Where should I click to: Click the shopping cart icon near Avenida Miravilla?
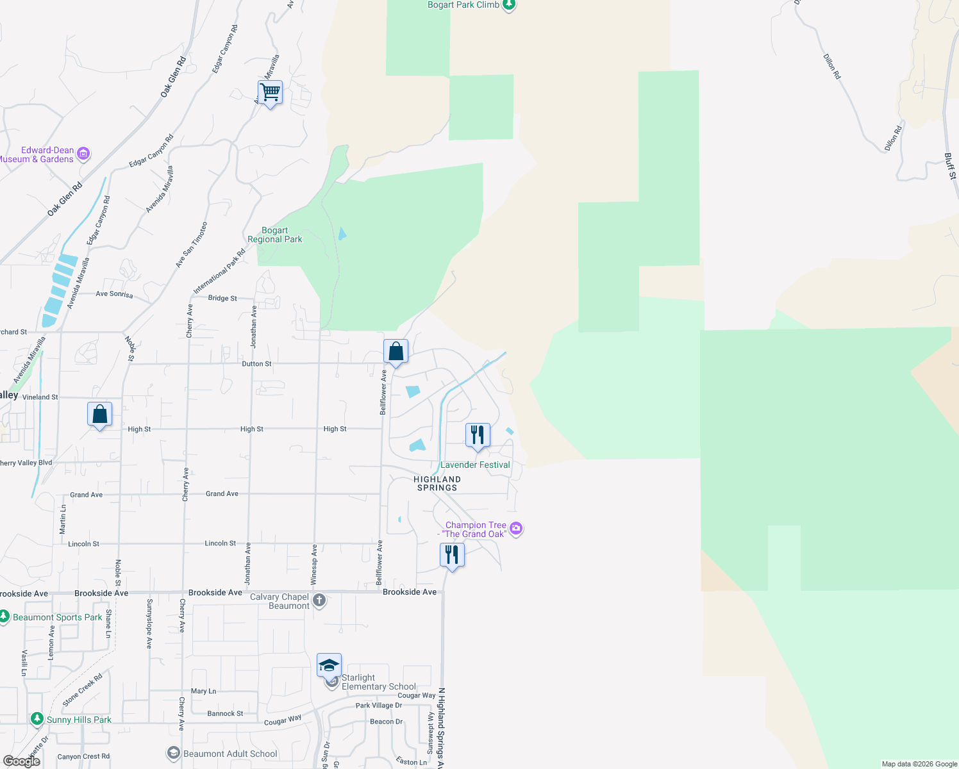coord(271,93)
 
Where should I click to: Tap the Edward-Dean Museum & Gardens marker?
coord(83,154)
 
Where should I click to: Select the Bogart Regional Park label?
coord(275,235)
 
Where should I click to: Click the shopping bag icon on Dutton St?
coord(396,352)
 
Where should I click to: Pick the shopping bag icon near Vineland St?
coord(99,415)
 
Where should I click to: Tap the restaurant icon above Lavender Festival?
coord(478,436)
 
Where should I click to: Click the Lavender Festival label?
coord(475,465)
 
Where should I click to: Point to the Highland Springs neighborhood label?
coord(437,483)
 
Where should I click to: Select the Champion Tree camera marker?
coord(517,529)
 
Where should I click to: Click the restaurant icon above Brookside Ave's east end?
coord(452,555)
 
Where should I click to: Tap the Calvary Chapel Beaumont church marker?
coord(319,600)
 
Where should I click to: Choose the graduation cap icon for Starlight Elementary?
coord(329,665)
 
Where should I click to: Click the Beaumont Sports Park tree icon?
coord(4,616)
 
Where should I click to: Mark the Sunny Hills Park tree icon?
coord(37,719)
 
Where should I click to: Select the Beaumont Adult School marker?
coord(173,753)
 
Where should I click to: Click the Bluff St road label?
coord(950,165)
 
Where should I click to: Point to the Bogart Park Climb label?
coord(463,5)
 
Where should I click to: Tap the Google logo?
coord(22,761)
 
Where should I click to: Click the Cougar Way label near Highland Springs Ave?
coord(416,695)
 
